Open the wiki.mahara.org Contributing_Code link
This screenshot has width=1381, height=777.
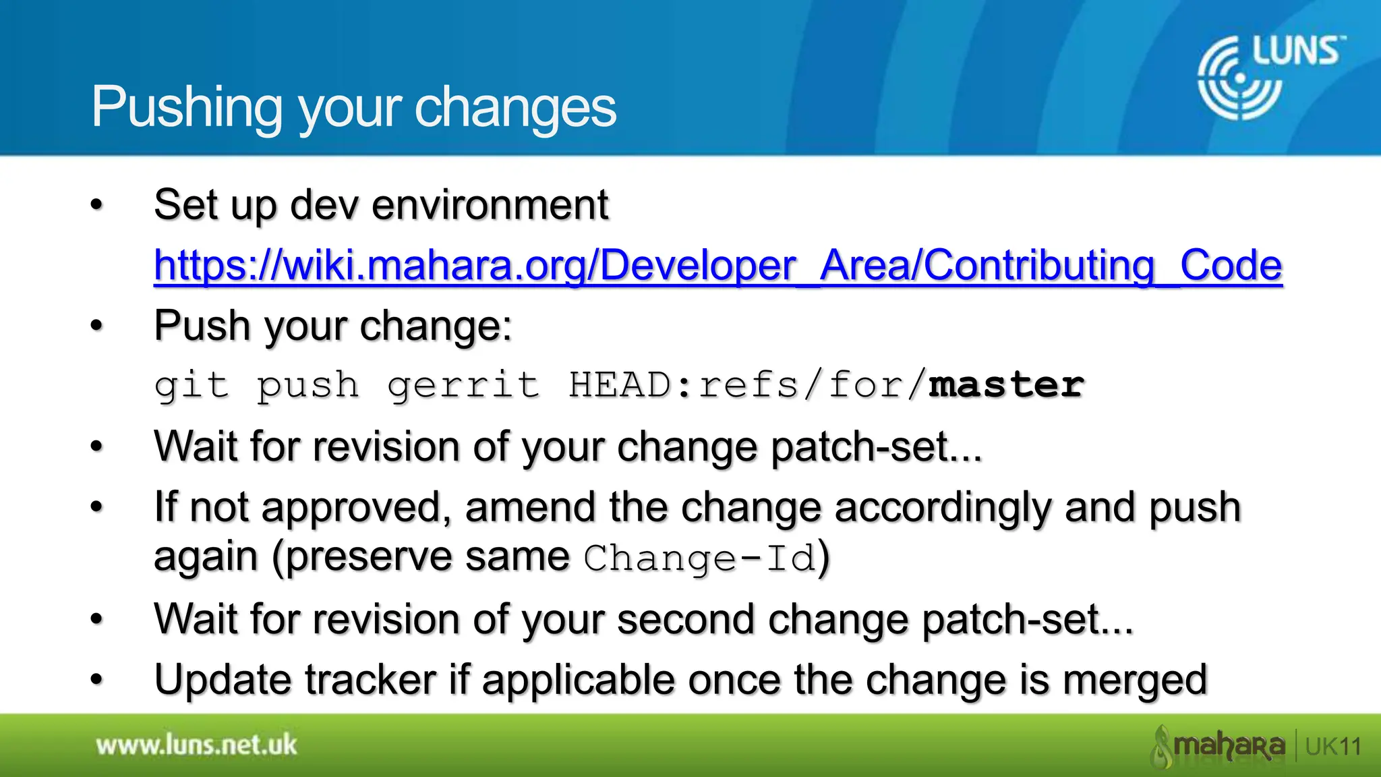point(717,265)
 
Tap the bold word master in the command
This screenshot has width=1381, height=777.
point(1006,385)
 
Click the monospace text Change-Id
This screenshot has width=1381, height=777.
point(700,558)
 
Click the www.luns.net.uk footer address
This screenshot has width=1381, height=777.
point(196,745)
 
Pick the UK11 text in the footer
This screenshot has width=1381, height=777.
point(1332,747)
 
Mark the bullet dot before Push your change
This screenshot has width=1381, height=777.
point(97,326)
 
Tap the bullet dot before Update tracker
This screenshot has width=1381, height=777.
point(97,679)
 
